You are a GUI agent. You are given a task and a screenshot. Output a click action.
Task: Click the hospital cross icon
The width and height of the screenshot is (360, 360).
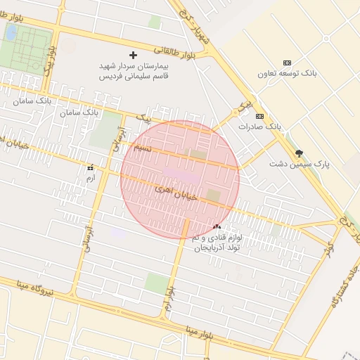133,54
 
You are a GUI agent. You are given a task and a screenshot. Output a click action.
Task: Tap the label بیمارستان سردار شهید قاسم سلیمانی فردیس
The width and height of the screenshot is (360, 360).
134,71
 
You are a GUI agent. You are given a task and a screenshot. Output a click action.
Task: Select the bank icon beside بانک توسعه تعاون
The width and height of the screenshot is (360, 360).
286,63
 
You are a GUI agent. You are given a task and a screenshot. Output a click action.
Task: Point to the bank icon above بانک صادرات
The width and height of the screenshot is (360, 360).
259,116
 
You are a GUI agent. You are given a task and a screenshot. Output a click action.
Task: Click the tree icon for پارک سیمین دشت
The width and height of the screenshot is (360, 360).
299,153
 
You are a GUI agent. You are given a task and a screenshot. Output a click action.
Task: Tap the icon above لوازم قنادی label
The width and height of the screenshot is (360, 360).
217,226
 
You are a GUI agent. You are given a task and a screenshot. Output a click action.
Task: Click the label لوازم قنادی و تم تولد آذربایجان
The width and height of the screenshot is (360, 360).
217,243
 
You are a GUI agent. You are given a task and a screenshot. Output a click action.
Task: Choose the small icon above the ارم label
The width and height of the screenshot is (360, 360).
89,168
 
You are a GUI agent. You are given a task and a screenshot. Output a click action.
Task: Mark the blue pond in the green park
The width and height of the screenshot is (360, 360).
11,32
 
